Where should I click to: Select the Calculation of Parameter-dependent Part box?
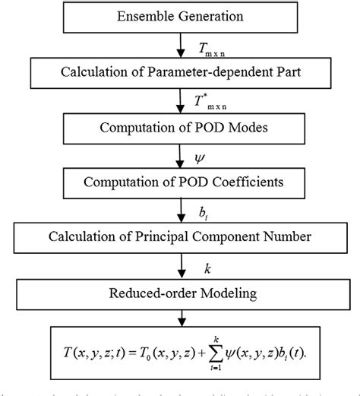(x=180, y=74)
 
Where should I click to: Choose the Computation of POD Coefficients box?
(x=180, y=182)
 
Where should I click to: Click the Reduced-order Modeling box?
(x=180, y=291)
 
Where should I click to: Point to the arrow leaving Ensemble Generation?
(x=180, y=47)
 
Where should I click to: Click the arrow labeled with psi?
(x=180, y=156)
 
